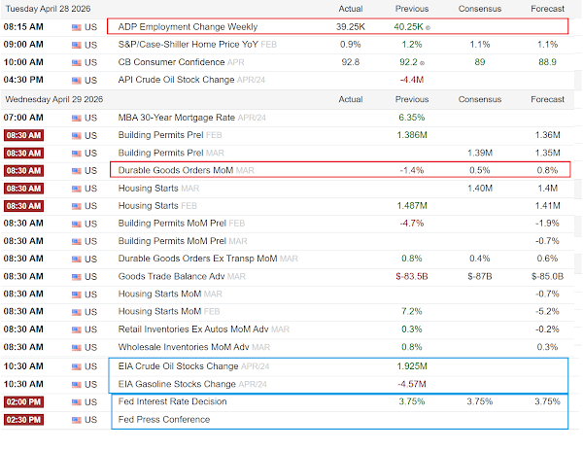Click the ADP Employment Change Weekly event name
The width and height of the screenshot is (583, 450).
click(188, 27)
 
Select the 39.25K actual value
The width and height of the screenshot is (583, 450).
click(350, 27)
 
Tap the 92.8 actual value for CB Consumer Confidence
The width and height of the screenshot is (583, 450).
click(350, 62)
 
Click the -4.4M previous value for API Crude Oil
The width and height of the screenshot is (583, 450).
click(412, 80)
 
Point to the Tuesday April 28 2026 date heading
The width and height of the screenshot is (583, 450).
click(48, 9)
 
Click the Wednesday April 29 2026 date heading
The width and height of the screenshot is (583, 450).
click(53, 99)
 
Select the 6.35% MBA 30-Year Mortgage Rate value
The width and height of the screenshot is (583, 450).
click(412, 118)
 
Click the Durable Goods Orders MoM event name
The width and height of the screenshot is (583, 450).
click(176, 170)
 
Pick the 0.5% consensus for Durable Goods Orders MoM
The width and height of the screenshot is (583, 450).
click(480, 170)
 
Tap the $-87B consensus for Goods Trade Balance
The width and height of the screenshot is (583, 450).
click(480, 276)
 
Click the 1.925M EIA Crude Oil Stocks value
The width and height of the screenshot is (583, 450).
click(412, 366)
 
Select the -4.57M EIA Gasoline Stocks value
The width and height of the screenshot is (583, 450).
click(412, 384)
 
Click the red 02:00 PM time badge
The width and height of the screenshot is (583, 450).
click(23, 402)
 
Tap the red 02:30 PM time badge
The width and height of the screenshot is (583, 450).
click(23, 420)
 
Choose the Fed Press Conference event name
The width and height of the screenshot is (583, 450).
click(164, 420)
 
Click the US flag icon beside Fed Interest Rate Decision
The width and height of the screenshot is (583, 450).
click(77, 402)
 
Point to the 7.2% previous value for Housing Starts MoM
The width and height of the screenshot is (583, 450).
click(412, 311)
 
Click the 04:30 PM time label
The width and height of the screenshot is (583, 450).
click(23, 80)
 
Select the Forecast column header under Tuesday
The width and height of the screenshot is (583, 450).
click(547, 9)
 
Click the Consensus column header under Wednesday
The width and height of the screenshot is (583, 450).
click(480, 99)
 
